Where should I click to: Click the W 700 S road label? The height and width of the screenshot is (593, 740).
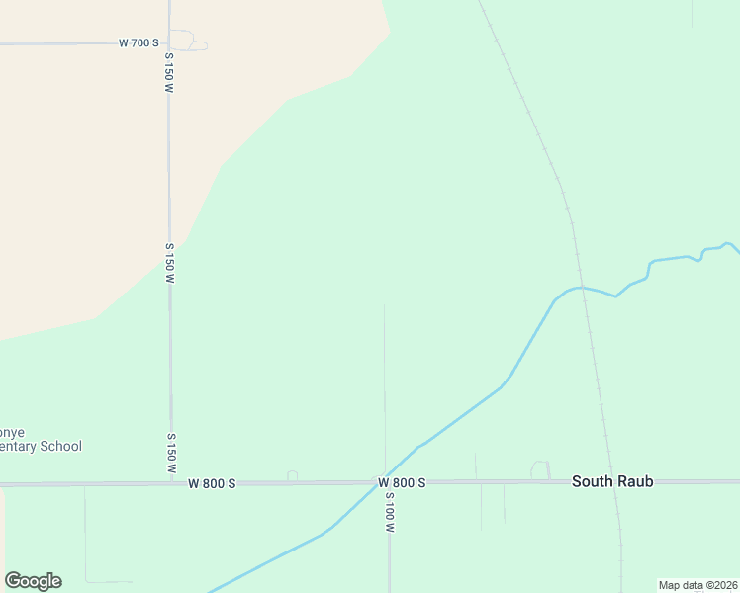tap(139, 42)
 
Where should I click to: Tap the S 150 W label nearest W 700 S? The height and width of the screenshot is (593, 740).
tap(169, 74)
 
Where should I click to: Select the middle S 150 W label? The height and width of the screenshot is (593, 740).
tap(170, 263)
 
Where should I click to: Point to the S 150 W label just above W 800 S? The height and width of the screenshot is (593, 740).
tap(171, 452)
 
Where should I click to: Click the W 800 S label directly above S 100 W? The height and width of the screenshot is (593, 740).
tap(401, 483)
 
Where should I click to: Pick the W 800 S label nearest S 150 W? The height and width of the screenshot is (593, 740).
tap(213, 483)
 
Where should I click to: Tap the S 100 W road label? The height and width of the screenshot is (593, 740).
tap(390, 514)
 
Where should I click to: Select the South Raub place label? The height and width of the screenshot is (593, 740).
tap(612, 482)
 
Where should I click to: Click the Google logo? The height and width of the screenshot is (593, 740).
tap(33, 581)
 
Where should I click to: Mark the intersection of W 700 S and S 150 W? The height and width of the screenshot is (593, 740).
tap(169, 42)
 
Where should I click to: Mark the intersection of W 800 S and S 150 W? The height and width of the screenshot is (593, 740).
tap(171, 483)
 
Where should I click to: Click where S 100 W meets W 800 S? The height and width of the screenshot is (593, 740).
tap(387, 483)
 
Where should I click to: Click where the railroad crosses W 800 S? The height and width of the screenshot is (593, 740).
tap(611, 482)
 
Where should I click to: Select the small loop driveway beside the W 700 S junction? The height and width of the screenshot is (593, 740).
tap(185, 40)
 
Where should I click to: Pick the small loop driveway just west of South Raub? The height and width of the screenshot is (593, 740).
tap(540, 469)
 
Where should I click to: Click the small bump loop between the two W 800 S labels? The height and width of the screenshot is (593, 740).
tap(292, 476)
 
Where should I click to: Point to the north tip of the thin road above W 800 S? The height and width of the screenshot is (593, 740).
tap(384, 305)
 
